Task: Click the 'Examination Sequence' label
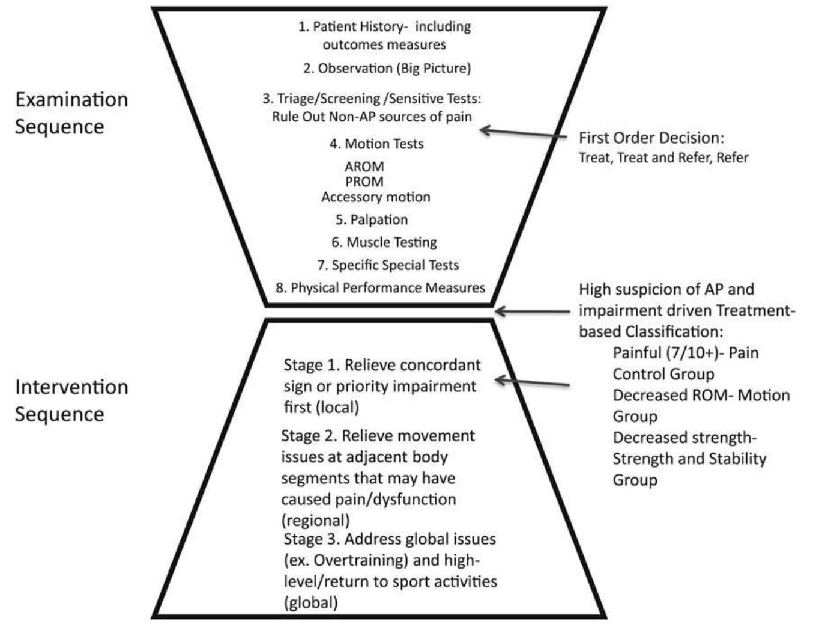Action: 71,112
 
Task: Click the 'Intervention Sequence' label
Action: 71,400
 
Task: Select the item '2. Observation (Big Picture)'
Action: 387,68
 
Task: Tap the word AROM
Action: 364,167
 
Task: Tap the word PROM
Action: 364,182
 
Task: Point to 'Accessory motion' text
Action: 376,197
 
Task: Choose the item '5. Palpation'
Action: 372,220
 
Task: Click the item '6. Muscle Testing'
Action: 384,242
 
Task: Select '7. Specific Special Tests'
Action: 388,265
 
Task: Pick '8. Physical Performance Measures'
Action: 380,288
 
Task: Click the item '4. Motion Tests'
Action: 376,144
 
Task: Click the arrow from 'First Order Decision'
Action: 522,133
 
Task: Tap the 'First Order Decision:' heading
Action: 651,138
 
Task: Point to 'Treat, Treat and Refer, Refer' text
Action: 663,158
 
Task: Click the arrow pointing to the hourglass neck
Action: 531,311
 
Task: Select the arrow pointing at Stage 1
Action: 531,382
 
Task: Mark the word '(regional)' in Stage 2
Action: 315,520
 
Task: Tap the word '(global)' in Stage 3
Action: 310,602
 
